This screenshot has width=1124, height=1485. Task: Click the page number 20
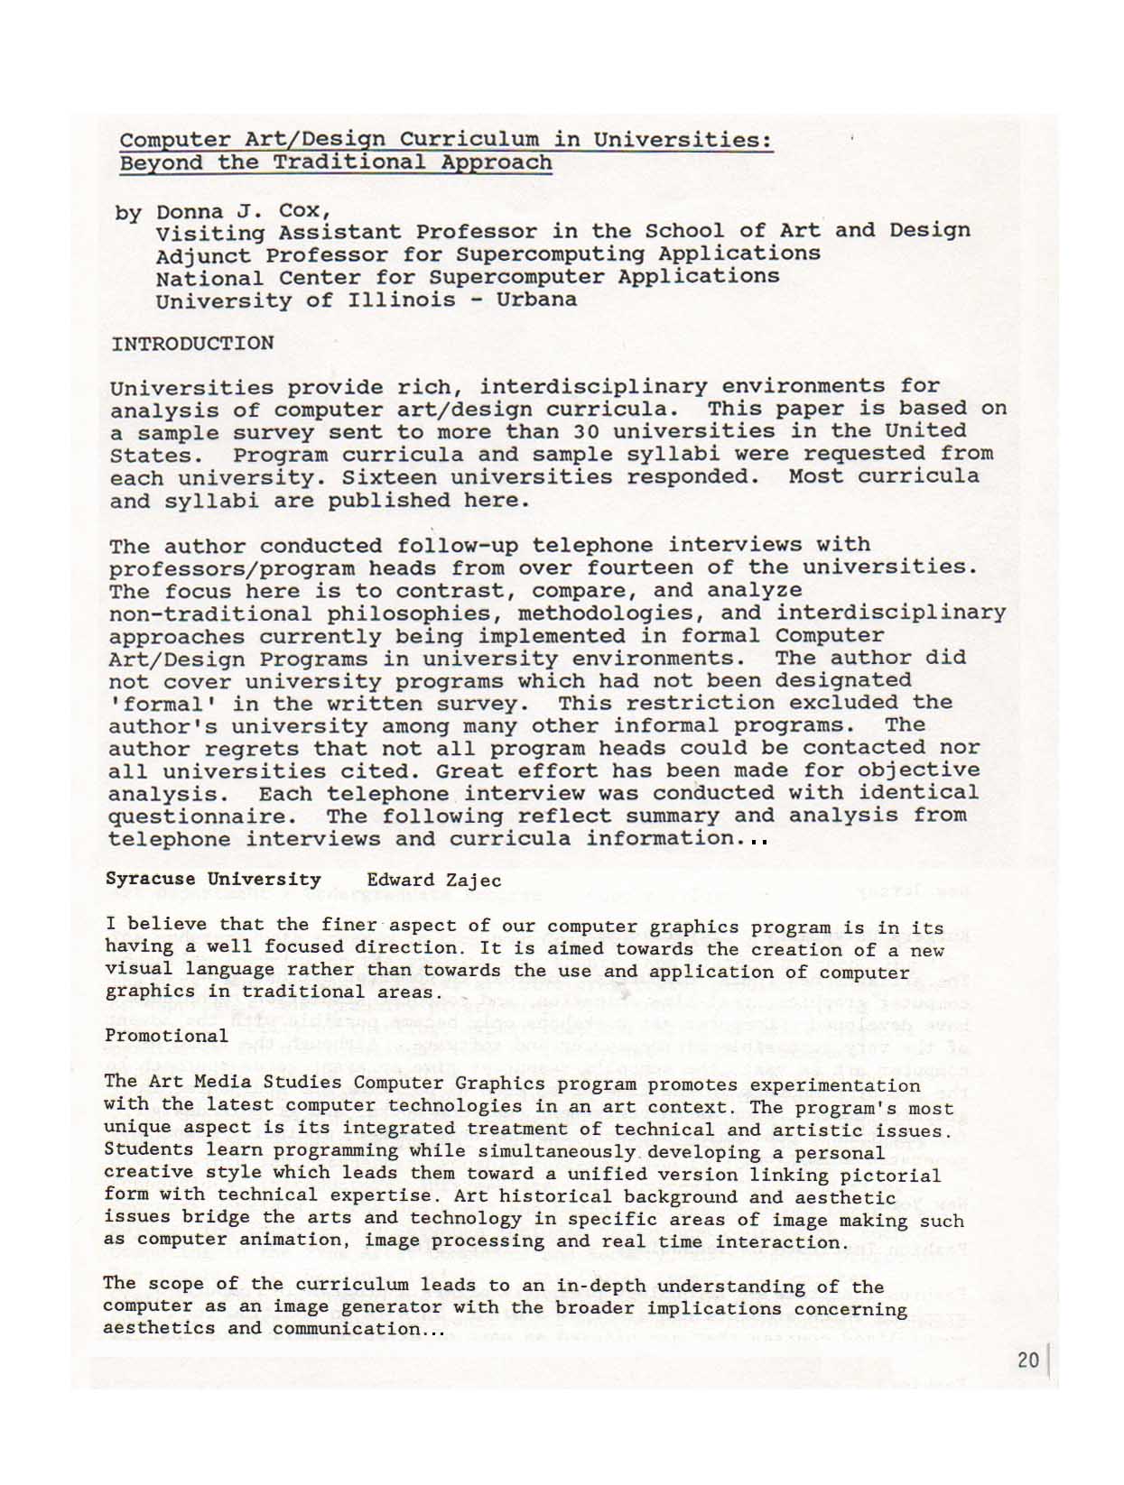(1027, 1360)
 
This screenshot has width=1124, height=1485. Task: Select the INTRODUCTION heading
(192, 344)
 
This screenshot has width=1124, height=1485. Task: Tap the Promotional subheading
(166, 1036)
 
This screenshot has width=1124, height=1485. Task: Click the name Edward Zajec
(433, 880)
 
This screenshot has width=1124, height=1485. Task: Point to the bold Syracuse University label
(213, 879)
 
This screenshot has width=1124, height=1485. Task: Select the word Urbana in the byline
(536, 300)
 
